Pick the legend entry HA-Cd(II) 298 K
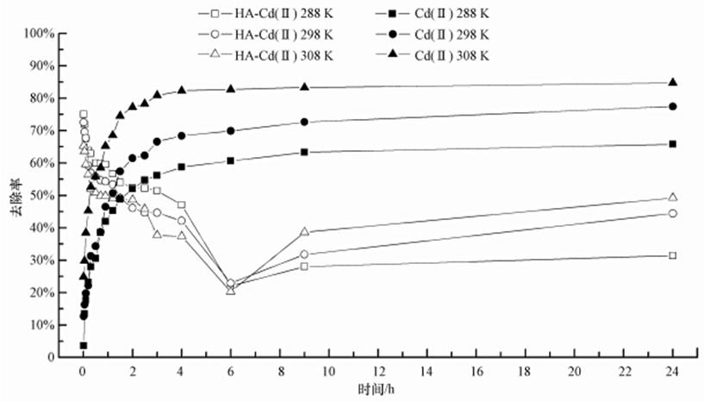[276, 35]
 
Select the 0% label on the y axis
[47, 357]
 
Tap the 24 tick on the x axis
[673, 373]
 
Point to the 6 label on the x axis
[231, 373]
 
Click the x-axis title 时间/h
[377, 390]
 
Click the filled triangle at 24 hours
[673, 83]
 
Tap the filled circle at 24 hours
[673, 107]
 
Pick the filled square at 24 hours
[673, 144]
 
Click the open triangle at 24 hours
[673, 198]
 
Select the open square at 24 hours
[673, 255]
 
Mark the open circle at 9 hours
[304, 254]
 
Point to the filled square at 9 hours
[304, 153]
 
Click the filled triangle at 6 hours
[231, 88]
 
